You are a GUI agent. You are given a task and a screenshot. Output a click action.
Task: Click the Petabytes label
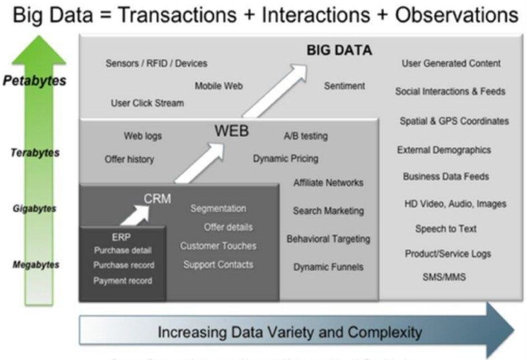pyautogui.click(x=34, y=81)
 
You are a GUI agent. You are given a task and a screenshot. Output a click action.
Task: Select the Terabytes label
pyautogui.click(x=35, y=153)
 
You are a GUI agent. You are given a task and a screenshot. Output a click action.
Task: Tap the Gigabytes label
pyautogui.click(x=35, y=209)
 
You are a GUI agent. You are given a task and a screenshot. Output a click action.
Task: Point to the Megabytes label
pyautogui.click(x=35, y=265)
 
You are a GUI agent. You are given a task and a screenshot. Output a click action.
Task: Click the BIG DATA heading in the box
pyautogui.click(x=339, y=50)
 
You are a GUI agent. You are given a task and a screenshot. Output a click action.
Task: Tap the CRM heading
pyautogui.click(x=157, y=198)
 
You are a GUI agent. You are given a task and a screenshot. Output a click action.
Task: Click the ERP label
pyautogui.click(x=121, y=237)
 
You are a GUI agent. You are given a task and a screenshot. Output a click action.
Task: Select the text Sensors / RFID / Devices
pyautogui.click(x=156, y=64)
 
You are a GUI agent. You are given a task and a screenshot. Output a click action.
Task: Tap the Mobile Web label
pyautogui.click(x=219, y=86)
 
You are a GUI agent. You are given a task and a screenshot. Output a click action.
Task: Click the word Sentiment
pyautogui.click(x=344, y=86)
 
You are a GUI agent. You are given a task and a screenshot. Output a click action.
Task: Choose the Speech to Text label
pyautogui.click(x=446, y=229)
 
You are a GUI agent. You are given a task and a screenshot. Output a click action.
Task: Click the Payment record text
pyautogui.click(x=123, y=280)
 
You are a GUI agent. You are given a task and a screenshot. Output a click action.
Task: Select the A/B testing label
pyautogui.click(x=306, y=136)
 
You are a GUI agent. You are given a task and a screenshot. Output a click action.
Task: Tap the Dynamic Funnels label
pyautogui.click(x=328, y=267)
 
